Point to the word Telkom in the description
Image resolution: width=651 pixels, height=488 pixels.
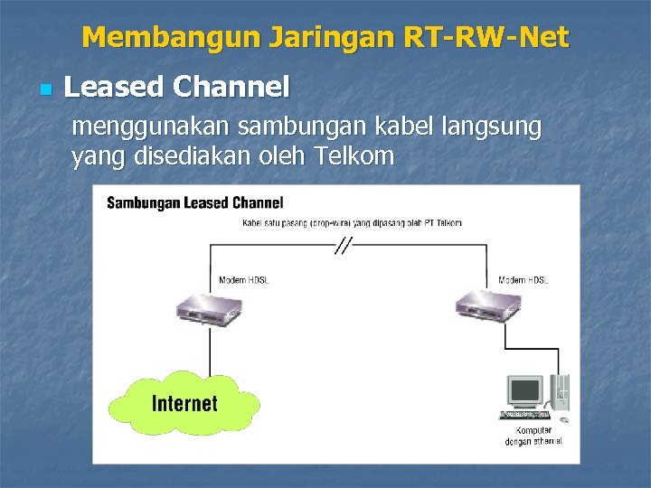pos(354,156)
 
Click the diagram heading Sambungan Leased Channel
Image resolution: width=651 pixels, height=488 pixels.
pos(194,202)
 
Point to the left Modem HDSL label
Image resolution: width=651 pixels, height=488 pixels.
pos(244,280)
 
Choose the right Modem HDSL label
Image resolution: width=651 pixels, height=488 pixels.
pos(524,280)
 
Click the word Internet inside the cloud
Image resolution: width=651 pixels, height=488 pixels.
pos(184,403)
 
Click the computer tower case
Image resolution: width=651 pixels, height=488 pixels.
pos(560,396)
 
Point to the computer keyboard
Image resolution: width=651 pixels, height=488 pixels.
pos(524,415)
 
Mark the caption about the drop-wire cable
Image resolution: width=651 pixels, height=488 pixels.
pos(352,222)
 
